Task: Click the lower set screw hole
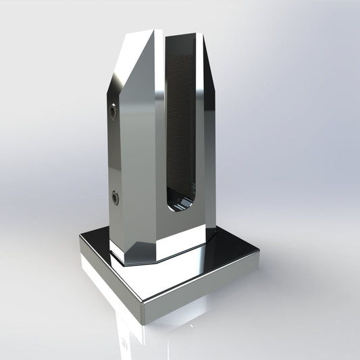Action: (x=116, y=197)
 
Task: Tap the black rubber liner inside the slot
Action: (x=183, y=122)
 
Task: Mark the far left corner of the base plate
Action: (x=79, y=238)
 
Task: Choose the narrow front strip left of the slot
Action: (x=157, y=135)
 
